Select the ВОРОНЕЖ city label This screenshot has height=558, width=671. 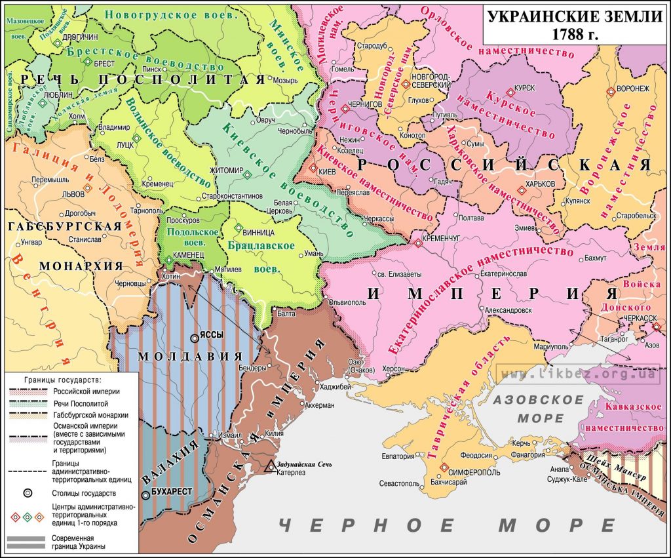(x=632, y=89)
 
